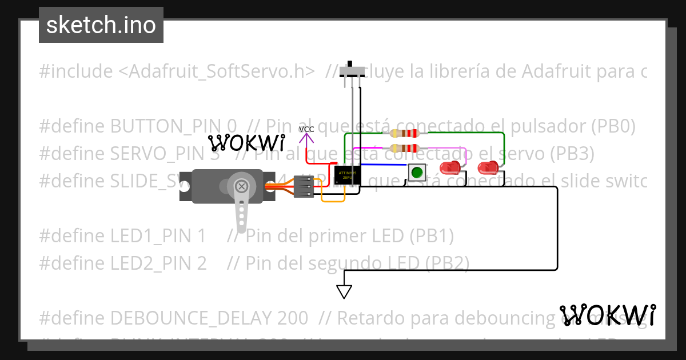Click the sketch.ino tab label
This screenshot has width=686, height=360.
[101, 25]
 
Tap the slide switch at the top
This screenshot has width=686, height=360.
[352, 71]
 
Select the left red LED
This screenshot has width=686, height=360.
[450, 168]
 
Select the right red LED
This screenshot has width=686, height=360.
[488, 168]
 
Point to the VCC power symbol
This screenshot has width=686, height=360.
[306, 136]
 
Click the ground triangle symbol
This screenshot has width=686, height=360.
[344, 291]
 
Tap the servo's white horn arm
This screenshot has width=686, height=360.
[242, 206]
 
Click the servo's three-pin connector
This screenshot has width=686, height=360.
[304, 186]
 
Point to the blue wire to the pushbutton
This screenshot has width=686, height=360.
[383, 165]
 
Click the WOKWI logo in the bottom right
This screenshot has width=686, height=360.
[608, 315]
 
